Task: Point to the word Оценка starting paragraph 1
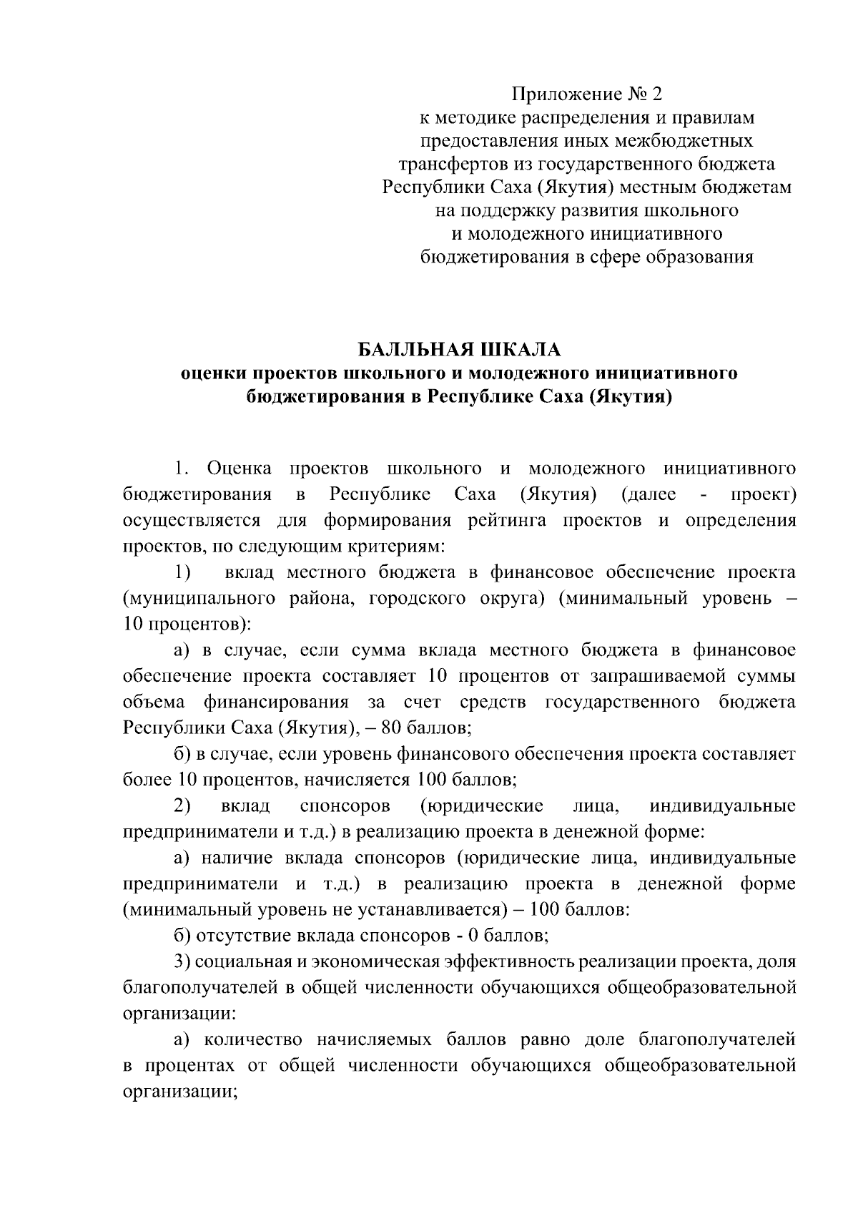[x=239, y=469]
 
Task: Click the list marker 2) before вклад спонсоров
[x=182, y=806]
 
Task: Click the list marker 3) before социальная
[x=182, y=962]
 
